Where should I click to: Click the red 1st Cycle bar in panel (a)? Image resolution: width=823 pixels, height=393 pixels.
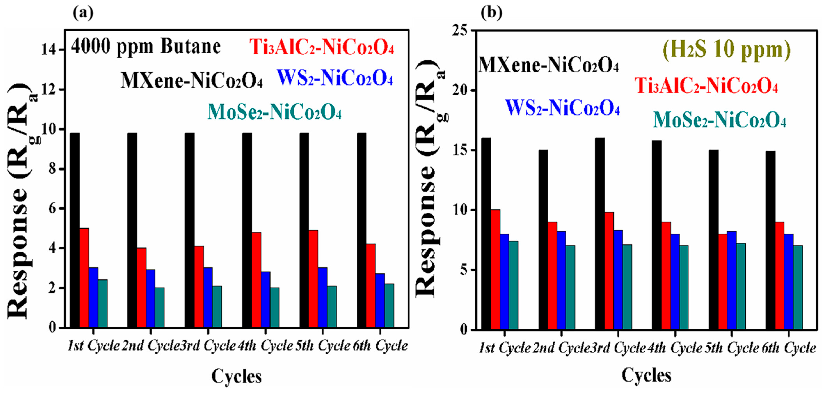[84, 278]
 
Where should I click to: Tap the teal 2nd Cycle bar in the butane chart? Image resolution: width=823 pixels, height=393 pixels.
[160, 307]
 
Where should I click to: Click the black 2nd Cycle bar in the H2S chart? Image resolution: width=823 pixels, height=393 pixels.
[543, 240]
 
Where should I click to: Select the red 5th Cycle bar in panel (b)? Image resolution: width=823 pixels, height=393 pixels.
[723, 281]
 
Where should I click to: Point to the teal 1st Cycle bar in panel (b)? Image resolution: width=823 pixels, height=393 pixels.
[513, 285]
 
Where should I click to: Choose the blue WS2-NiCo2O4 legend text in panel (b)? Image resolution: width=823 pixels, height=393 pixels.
[562, 108]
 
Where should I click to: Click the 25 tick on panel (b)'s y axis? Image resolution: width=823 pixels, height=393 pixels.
[460, 31]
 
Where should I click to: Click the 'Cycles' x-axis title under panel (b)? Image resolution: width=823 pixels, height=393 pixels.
[646, 375]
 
